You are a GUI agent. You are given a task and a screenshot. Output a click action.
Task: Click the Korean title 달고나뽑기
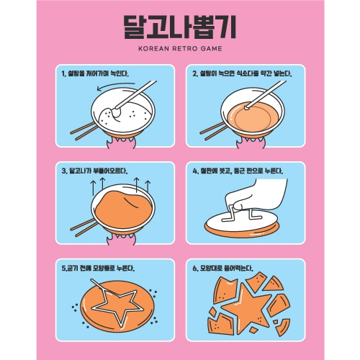point(180,27)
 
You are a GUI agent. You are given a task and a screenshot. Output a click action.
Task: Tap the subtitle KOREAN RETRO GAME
point(180,48)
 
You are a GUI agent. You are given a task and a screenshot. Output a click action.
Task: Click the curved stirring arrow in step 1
point(115,86)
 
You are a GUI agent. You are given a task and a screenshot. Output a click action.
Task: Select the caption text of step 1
point(95,73)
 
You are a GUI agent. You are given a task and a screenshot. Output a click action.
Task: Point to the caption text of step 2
point(242,73)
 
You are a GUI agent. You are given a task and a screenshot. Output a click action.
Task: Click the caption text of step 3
point(94,171)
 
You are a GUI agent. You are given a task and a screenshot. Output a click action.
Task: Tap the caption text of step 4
point(238,171)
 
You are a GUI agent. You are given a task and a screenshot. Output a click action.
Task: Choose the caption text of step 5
point(98,268)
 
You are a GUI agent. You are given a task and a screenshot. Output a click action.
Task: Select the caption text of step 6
point(222,268)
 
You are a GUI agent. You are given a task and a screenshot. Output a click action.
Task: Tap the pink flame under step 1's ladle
point(121,143)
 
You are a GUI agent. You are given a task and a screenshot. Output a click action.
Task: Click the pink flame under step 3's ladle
point(121,239)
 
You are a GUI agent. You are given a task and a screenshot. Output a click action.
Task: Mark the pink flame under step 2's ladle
point(251,143)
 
